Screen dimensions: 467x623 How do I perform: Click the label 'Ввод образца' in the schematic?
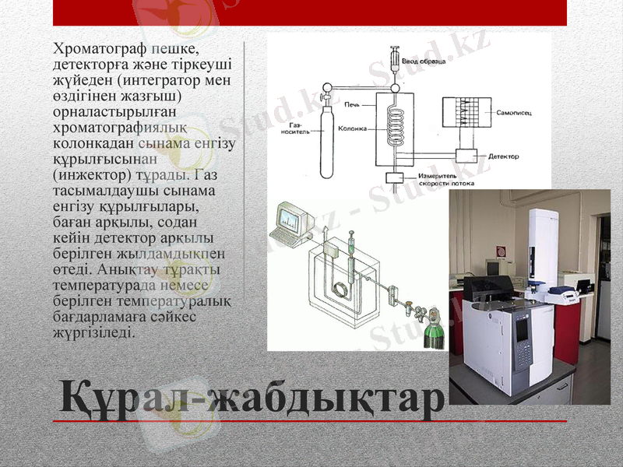(x=424, y=61)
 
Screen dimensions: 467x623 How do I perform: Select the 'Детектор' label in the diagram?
(x=504, y=156)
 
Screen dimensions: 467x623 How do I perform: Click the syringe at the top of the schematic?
(x=396, y=59)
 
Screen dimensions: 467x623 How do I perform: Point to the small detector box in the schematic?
(x=468, y=158)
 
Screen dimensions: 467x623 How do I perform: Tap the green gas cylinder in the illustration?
(x=431, y=334)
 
